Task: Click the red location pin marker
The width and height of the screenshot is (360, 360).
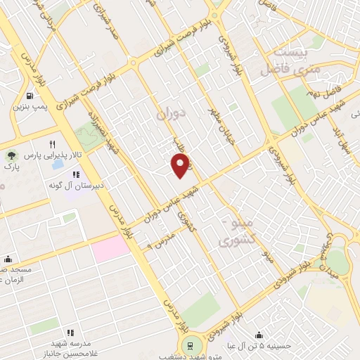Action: (181, 165)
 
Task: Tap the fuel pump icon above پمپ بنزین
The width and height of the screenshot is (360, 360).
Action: (29, 96)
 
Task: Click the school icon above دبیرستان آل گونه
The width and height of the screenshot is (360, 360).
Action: (75, 174)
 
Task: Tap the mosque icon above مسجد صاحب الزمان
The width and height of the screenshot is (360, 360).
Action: (8, 258)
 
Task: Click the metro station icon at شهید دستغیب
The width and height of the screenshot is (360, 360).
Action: (188, 344)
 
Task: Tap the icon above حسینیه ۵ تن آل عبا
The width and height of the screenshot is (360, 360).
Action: (259, 335)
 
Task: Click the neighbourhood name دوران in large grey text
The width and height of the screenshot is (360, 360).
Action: (168, 113)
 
